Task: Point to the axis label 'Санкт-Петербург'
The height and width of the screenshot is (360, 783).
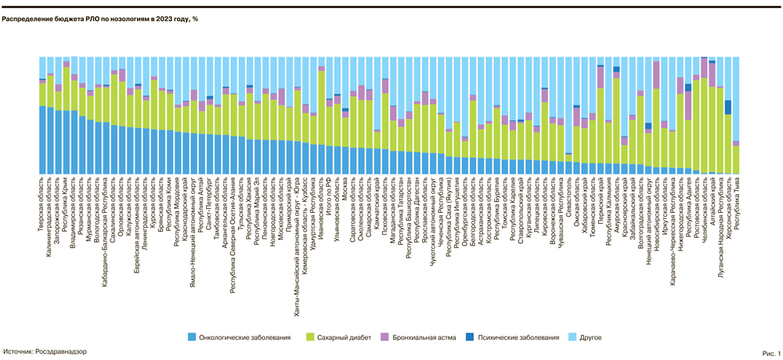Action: (x=210, y=202)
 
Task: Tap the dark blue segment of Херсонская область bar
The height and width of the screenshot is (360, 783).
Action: (x=727, y=107)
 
